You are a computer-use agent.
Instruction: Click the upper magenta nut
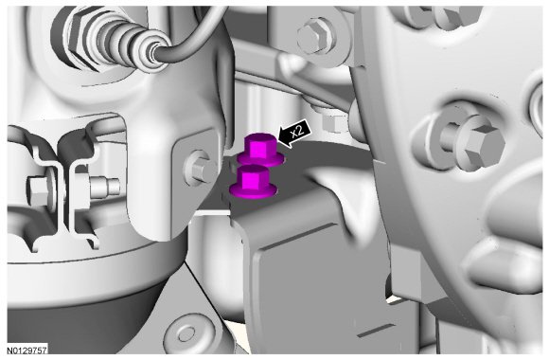tap(260, 150)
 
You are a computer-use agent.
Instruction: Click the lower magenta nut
tap(253, 182)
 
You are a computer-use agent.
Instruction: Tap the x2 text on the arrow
tap(297, 132)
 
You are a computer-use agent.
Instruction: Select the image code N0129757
tap(27, 351)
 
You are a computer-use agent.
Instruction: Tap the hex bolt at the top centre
tap(317, 35)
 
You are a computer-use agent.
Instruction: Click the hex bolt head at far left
tap(38, 191)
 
